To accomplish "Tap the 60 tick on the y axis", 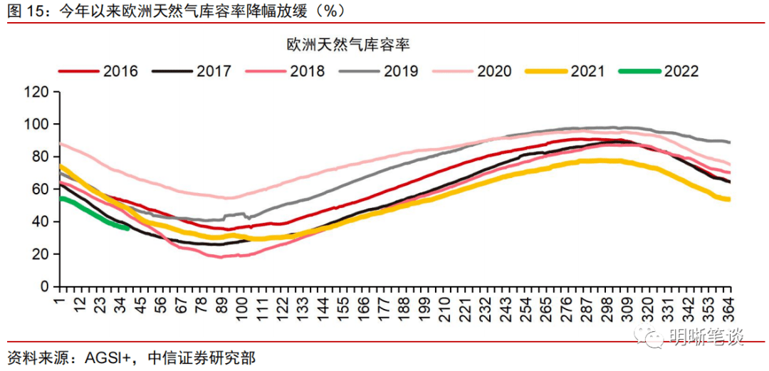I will pos(40,189).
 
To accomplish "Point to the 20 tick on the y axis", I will pos(40,254).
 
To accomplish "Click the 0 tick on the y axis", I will pos(44,286).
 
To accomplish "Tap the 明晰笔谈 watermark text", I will pos(708,336).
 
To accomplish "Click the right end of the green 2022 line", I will pos(127,228).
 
